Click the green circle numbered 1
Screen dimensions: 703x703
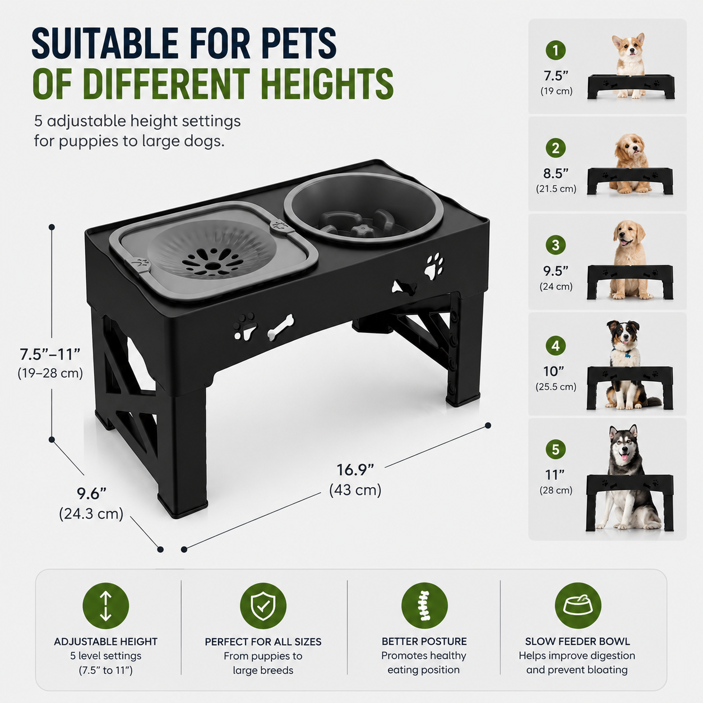point(556,50)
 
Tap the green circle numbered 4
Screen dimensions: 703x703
point(556,345)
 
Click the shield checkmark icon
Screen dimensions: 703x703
point(263,606)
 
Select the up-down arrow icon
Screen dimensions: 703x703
point(106,606)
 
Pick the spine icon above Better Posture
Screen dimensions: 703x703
point(424,606)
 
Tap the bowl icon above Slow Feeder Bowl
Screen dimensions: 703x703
point(578,606)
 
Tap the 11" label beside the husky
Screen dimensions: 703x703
point(554,475)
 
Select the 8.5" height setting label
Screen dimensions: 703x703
point(556,174)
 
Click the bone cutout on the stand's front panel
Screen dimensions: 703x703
point(280,327)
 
